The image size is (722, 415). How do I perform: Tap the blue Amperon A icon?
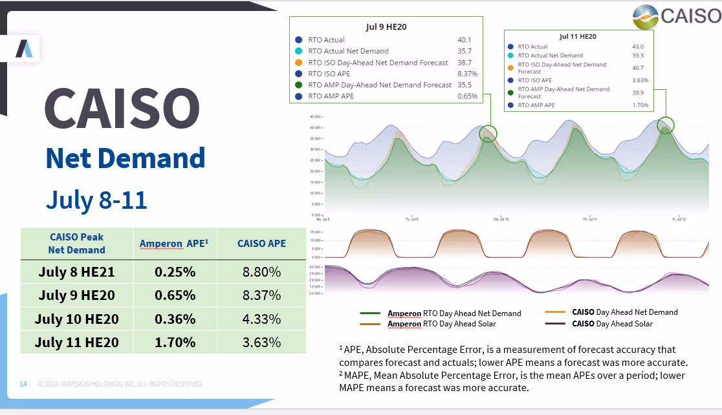click(x=24, y=48)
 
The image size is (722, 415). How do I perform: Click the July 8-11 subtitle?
click(x=96, y=200)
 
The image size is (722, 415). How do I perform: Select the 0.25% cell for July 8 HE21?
click(x=175, y=272)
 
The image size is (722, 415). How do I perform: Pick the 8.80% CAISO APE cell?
click(x=261, y=272)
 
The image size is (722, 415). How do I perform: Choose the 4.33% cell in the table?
click(x=261, y=319)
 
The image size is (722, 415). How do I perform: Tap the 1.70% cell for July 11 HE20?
click(x=175, y=342)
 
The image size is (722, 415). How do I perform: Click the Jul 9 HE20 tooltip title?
click(x=386, y=27)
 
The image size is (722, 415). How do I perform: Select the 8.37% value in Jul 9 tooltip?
click(x=467, y=74)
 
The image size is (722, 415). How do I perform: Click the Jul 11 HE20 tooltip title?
click(x=578, y=37)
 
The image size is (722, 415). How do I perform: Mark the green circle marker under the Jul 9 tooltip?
click(x=488, y=133)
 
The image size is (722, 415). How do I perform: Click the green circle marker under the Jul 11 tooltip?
click(x=666, y=125)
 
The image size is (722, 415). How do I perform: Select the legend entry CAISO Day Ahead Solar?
click(x=611, y=324)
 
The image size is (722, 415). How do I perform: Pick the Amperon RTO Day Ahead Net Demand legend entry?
click(x=454, y=314)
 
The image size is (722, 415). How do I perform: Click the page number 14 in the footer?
click(x=23, y=385)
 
